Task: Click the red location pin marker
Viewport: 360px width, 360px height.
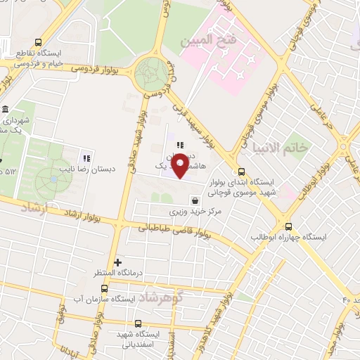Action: (x=181, y=165)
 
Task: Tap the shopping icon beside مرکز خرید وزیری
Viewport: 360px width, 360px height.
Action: (x=194, y=200)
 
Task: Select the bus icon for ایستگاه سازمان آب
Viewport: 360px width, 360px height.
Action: (x=105, y=288)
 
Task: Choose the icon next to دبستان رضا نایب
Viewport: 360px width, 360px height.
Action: (x=86, y=157)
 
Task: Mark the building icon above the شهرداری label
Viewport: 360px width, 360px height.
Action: (x=5, y=110)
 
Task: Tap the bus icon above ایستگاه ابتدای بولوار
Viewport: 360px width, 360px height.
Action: (x=241, y=171)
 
